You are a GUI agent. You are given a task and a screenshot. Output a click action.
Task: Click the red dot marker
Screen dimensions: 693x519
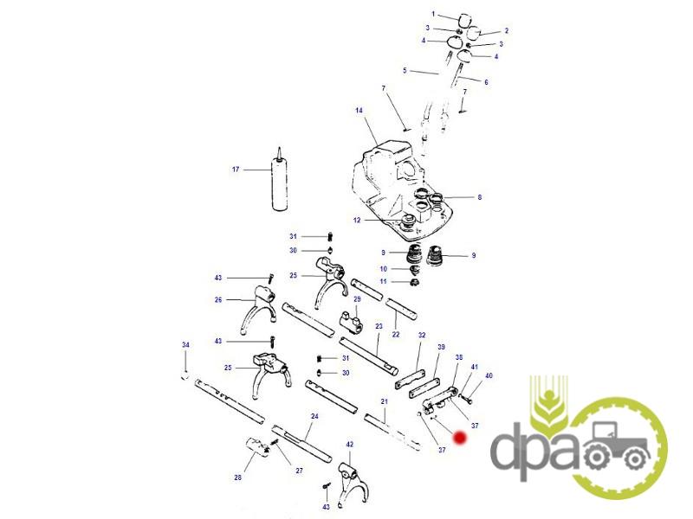point(460,438)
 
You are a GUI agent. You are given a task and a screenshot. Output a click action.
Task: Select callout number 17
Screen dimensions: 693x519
point(236,169)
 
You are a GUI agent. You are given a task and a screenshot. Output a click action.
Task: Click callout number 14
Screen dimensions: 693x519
point(359,110)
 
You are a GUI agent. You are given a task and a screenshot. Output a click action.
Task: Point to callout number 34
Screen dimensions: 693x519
point(185,344)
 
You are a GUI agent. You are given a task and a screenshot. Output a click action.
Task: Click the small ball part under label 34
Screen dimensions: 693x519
point(185,376)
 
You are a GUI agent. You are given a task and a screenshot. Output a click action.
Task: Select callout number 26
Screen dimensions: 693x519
point(218,299)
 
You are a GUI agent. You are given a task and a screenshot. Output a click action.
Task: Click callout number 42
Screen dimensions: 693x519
point(350,444)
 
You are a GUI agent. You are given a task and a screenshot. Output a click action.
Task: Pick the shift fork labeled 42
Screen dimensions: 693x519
point(353,484)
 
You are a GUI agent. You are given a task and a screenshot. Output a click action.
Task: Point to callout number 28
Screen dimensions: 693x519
point(237,477)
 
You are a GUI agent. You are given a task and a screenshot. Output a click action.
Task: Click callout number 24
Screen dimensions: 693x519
point(314,416)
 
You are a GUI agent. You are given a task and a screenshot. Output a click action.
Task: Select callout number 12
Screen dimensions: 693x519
point(357,220)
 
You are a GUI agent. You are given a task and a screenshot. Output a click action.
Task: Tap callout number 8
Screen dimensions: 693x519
point(480,197)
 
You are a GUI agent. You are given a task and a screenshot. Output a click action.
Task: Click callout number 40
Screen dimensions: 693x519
point(489,375)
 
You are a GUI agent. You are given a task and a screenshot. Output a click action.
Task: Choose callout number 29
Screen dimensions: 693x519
point(357,298)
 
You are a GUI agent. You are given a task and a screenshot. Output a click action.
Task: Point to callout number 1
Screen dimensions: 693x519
point(433,14)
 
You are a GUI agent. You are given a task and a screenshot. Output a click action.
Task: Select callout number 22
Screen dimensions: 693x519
point(396,334)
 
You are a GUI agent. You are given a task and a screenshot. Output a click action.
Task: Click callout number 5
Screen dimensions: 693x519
point(405,70)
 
